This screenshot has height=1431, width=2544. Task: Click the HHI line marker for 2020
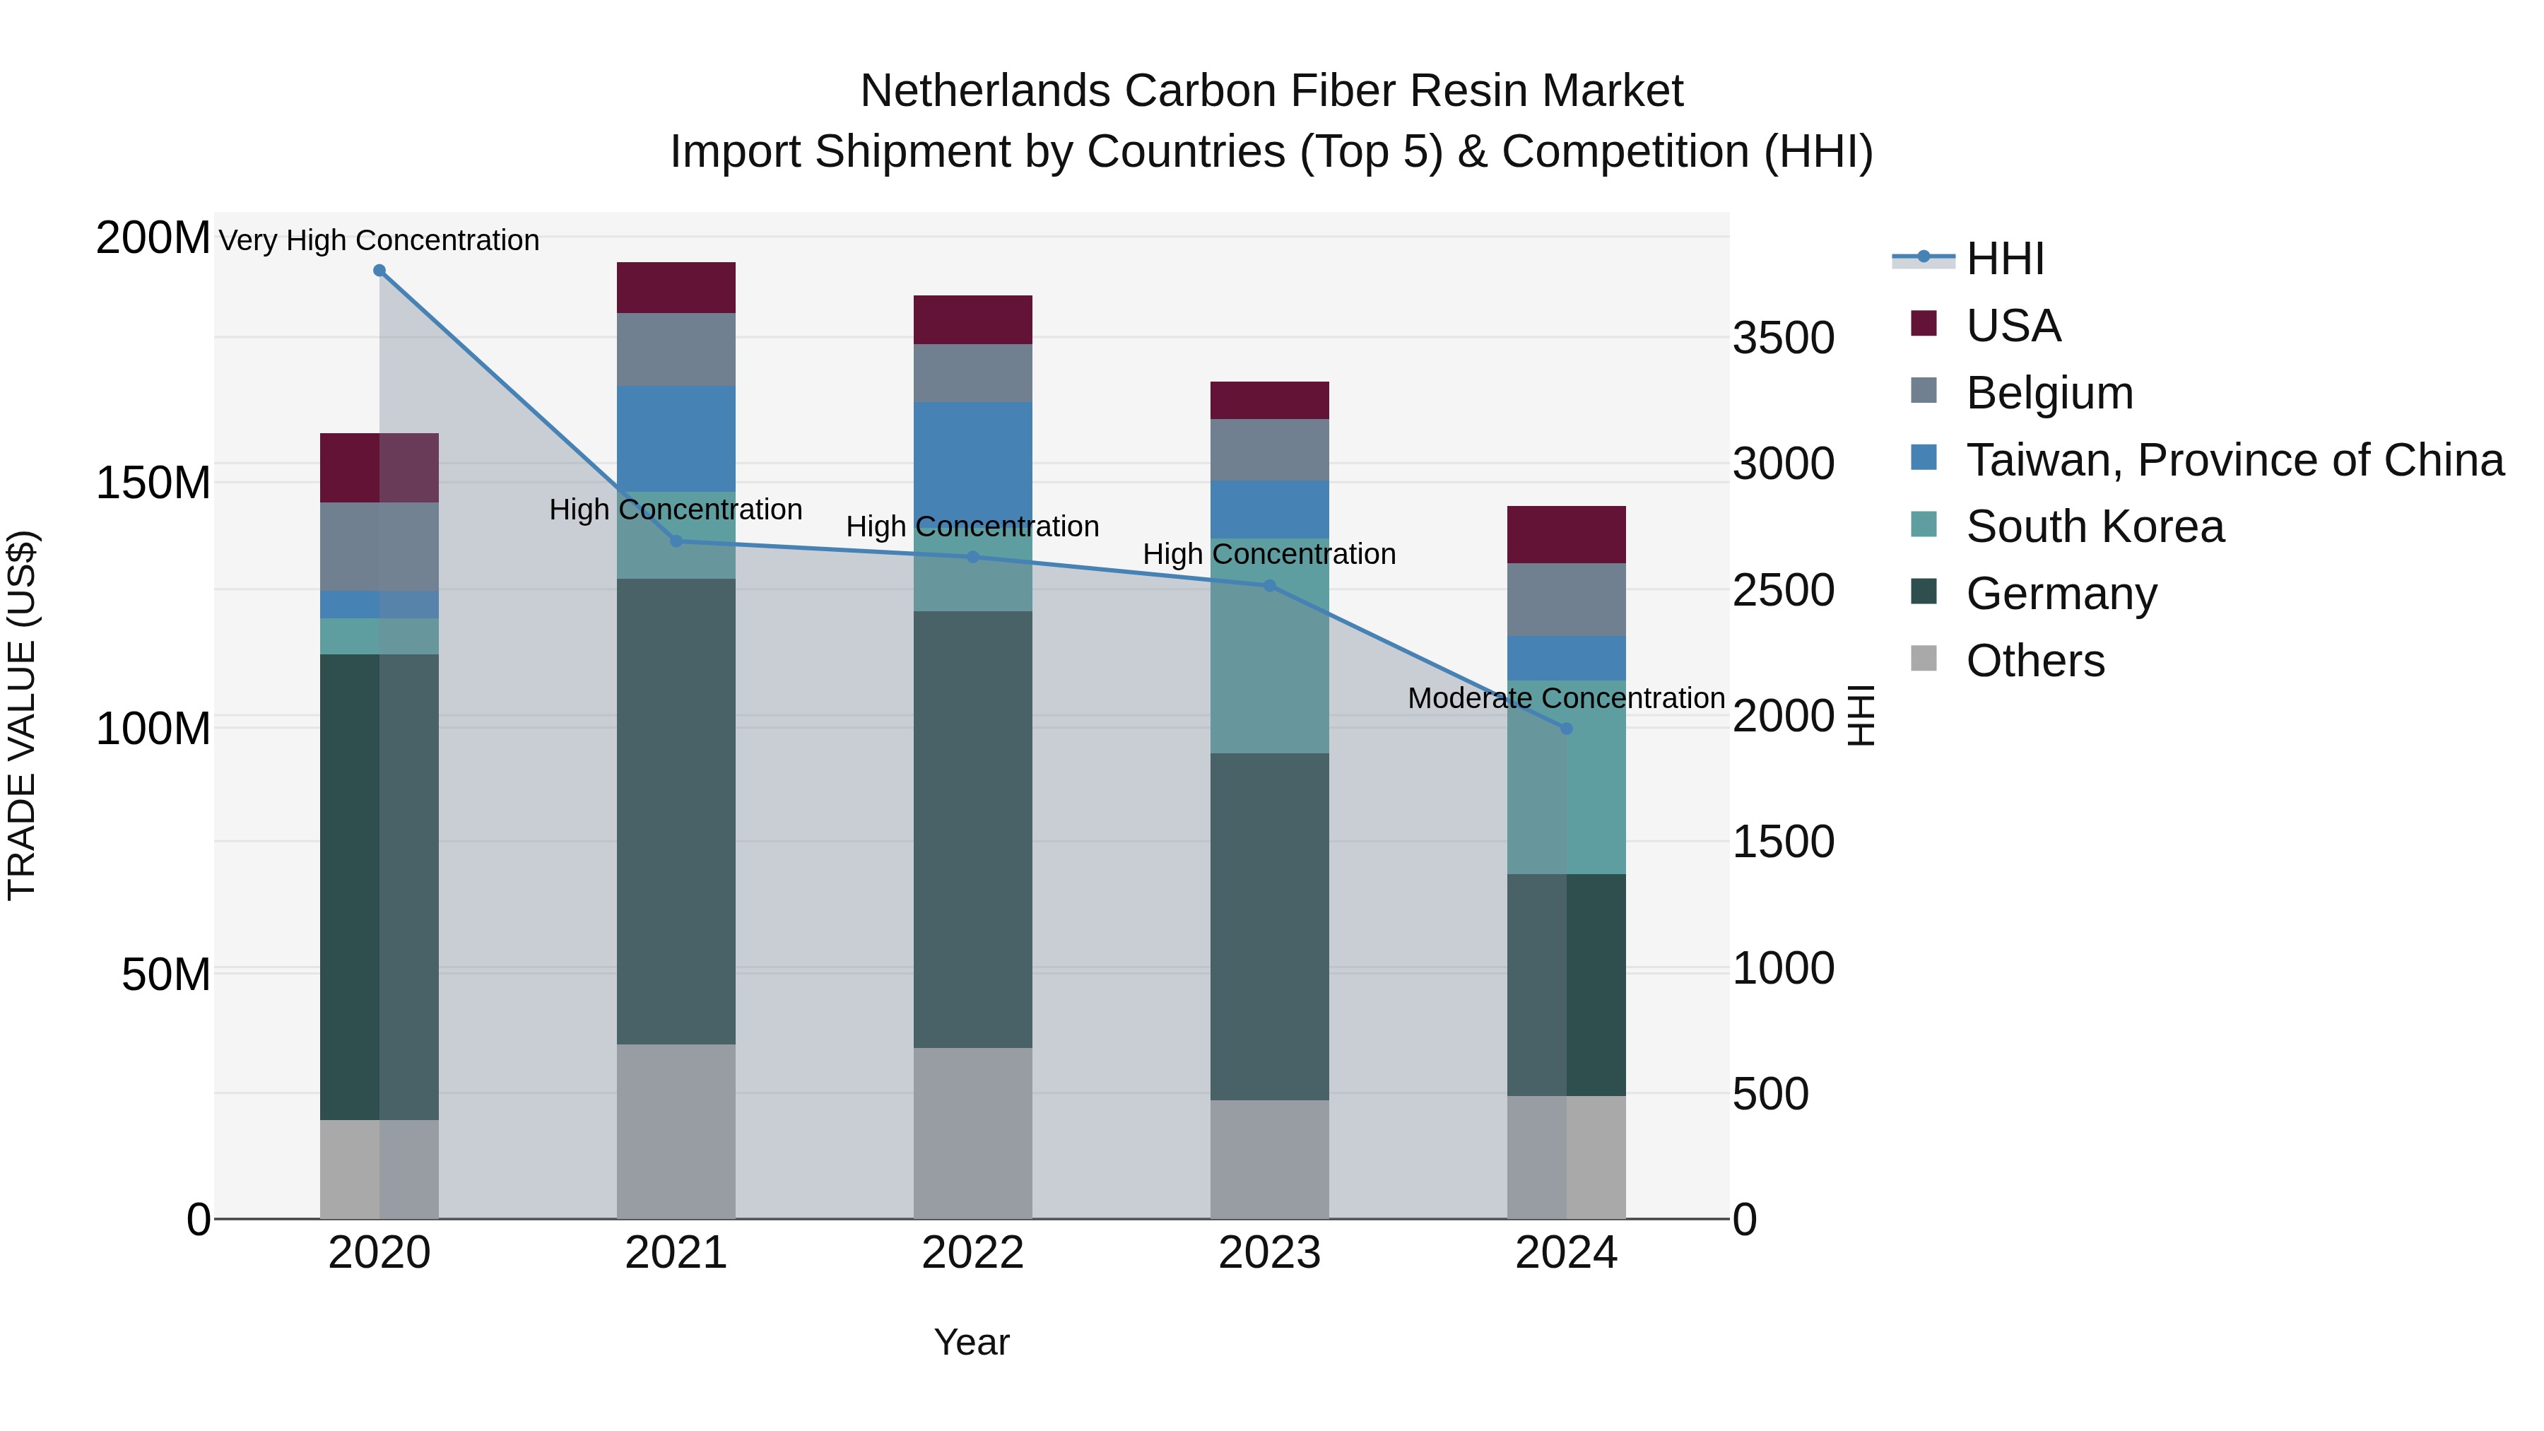[379, 271]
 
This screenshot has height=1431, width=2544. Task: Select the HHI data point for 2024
[1565, 729]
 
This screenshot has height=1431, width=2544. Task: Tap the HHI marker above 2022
[973, 557]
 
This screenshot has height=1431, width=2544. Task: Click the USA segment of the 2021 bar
[676, 288]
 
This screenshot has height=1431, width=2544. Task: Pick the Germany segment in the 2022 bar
[973, 829]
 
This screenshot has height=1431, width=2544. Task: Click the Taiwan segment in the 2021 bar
[676, 438]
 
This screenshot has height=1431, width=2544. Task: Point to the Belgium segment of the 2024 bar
[1565, 599]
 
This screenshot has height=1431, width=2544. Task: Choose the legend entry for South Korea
[2095, 526]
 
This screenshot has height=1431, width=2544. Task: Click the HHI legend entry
[2004, 259]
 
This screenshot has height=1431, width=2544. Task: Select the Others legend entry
[2034, 661]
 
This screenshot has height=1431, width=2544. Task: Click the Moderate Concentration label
[1565, 698]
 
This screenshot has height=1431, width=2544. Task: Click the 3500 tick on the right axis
[1783, 338]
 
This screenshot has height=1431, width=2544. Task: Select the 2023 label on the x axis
[1269, 1253]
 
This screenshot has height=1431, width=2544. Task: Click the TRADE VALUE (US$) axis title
[22, 715]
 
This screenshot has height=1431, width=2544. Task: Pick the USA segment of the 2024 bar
[1565, 534]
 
